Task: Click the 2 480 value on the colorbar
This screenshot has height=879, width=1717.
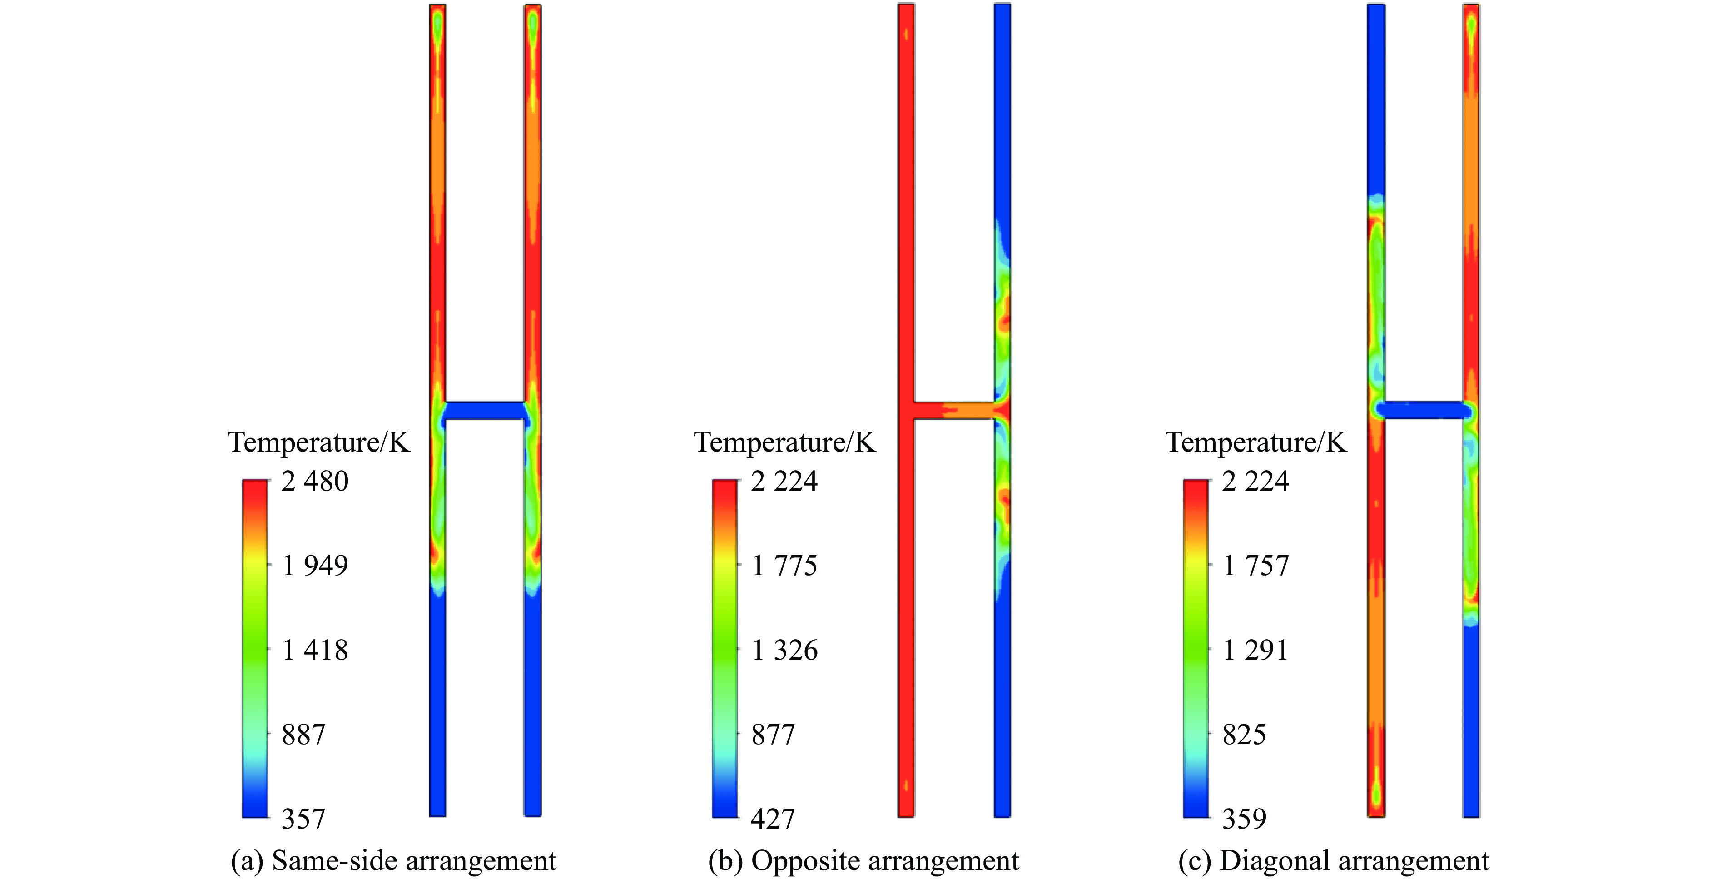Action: click(315, 481)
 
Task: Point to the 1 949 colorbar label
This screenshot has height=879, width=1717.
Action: click(315, 566)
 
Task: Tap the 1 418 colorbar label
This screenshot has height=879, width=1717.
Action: click(315, 651)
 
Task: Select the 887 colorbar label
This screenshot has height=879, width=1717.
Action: click(303, 735)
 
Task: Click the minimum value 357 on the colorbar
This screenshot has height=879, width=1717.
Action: click(303, 819)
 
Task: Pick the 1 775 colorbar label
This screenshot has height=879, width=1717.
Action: click(784, 566)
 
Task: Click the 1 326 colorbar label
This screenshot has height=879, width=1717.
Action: click(784, 651)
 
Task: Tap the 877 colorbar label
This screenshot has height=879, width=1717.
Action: click(773, 735)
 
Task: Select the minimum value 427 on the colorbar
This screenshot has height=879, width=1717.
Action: click(773, 819)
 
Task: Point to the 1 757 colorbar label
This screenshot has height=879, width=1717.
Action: click(1255, 566)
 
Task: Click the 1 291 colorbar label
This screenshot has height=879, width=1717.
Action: click(1255, 651)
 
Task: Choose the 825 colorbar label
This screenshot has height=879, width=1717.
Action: click(1244, 735)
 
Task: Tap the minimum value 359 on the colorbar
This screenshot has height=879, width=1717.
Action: click(1244, 819)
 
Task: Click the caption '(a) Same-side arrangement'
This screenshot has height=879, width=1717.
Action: click(393, 861)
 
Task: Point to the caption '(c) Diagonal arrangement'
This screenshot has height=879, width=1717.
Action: click(1333, 861)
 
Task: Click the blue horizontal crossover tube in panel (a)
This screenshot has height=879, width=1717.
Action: click(485, 411)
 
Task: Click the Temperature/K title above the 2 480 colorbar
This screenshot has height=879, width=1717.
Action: click(318, 442)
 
